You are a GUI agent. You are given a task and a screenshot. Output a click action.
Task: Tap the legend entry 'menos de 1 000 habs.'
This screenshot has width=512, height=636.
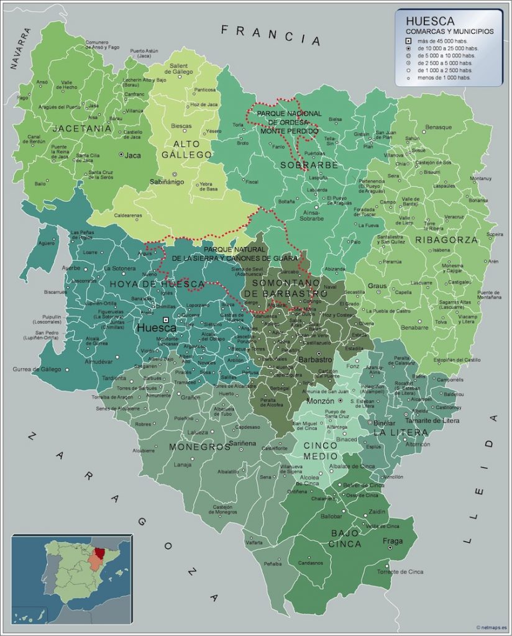coord(444,78)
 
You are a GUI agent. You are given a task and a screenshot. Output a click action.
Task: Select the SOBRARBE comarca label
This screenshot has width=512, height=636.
coord(309,165)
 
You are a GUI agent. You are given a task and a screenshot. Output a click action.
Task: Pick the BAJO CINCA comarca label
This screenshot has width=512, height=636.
coord(347,538)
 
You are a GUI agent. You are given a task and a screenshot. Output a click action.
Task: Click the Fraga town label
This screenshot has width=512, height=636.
coord(392,540)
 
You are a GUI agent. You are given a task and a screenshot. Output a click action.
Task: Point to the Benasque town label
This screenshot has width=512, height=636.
coord(439,127)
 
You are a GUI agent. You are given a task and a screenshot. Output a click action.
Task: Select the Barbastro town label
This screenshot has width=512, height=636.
coord(316,359)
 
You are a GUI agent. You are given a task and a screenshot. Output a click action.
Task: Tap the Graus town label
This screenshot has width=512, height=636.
coord(377,286)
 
